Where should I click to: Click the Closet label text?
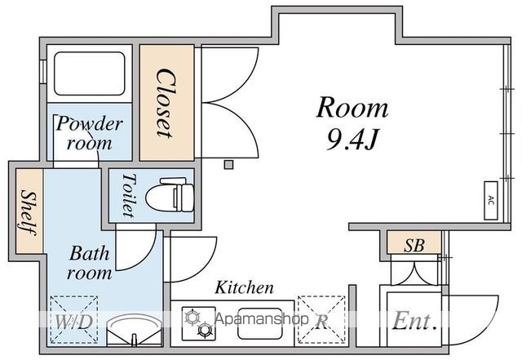(x=166, y=102)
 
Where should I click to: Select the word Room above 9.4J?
(x=352, y=109)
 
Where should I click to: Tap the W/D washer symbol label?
(x=73, y=322)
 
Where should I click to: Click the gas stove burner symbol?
(x=198, y=322)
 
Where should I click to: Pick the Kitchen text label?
(x=244, y=288)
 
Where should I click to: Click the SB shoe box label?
(x=414, y=244)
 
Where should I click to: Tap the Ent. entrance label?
(x=414, y=321)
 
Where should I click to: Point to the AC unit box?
(x=491, y=200)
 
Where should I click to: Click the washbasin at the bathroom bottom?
(x=130, y=330)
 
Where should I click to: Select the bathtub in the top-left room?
(x=88, y=74)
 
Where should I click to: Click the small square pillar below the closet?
(x=229, y=165)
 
